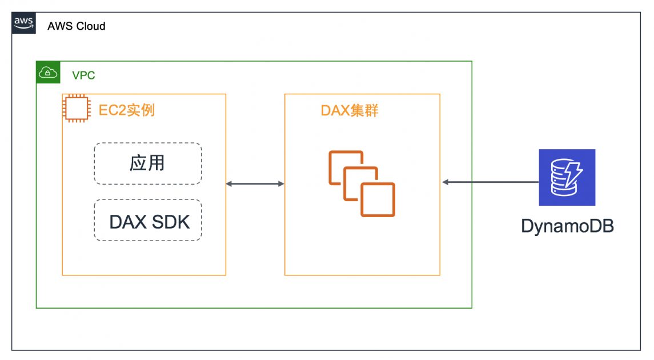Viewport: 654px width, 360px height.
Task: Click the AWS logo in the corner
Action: (23, 22)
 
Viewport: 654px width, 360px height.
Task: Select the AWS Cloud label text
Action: (77, 26)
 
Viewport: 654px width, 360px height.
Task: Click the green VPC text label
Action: (83, 75)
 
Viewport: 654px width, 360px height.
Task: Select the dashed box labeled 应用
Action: (147, 163)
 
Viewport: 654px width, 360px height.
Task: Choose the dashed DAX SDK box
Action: (147, 221)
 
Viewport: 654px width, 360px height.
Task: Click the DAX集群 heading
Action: (349, 110)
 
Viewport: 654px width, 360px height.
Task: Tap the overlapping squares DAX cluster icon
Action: (362, 183)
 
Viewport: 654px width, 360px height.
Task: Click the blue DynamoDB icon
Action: (567, 177)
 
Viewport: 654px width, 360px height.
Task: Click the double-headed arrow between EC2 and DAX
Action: (255, 183)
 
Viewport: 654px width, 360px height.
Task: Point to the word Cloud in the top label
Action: (92, 26)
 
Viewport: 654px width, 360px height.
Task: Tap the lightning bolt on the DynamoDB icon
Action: (574, 171)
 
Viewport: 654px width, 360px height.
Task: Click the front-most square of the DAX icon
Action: (378, 199)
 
